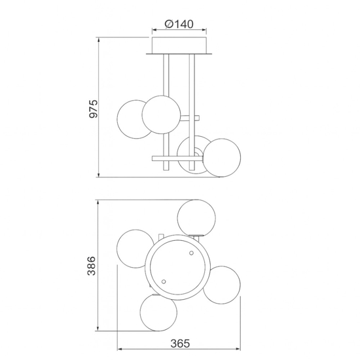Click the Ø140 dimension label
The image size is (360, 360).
tap(179, 24)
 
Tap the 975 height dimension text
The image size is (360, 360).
tap(94, 109)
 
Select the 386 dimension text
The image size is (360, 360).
tap(92, 266)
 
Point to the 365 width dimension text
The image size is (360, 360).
tap(180, 344)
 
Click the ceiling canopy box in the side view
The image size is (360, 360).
tap(179, 45)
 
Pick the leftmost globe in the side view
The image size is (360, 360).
tap(135, 119)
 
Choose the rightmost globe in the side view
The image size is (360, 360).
tap(222, 158)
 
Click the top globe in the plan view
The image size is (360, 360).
tap(196, 218)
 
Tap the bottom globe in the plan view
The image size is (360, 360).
tap(158, 312)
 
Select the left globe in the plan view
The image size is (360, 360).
tap(135, 249)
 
